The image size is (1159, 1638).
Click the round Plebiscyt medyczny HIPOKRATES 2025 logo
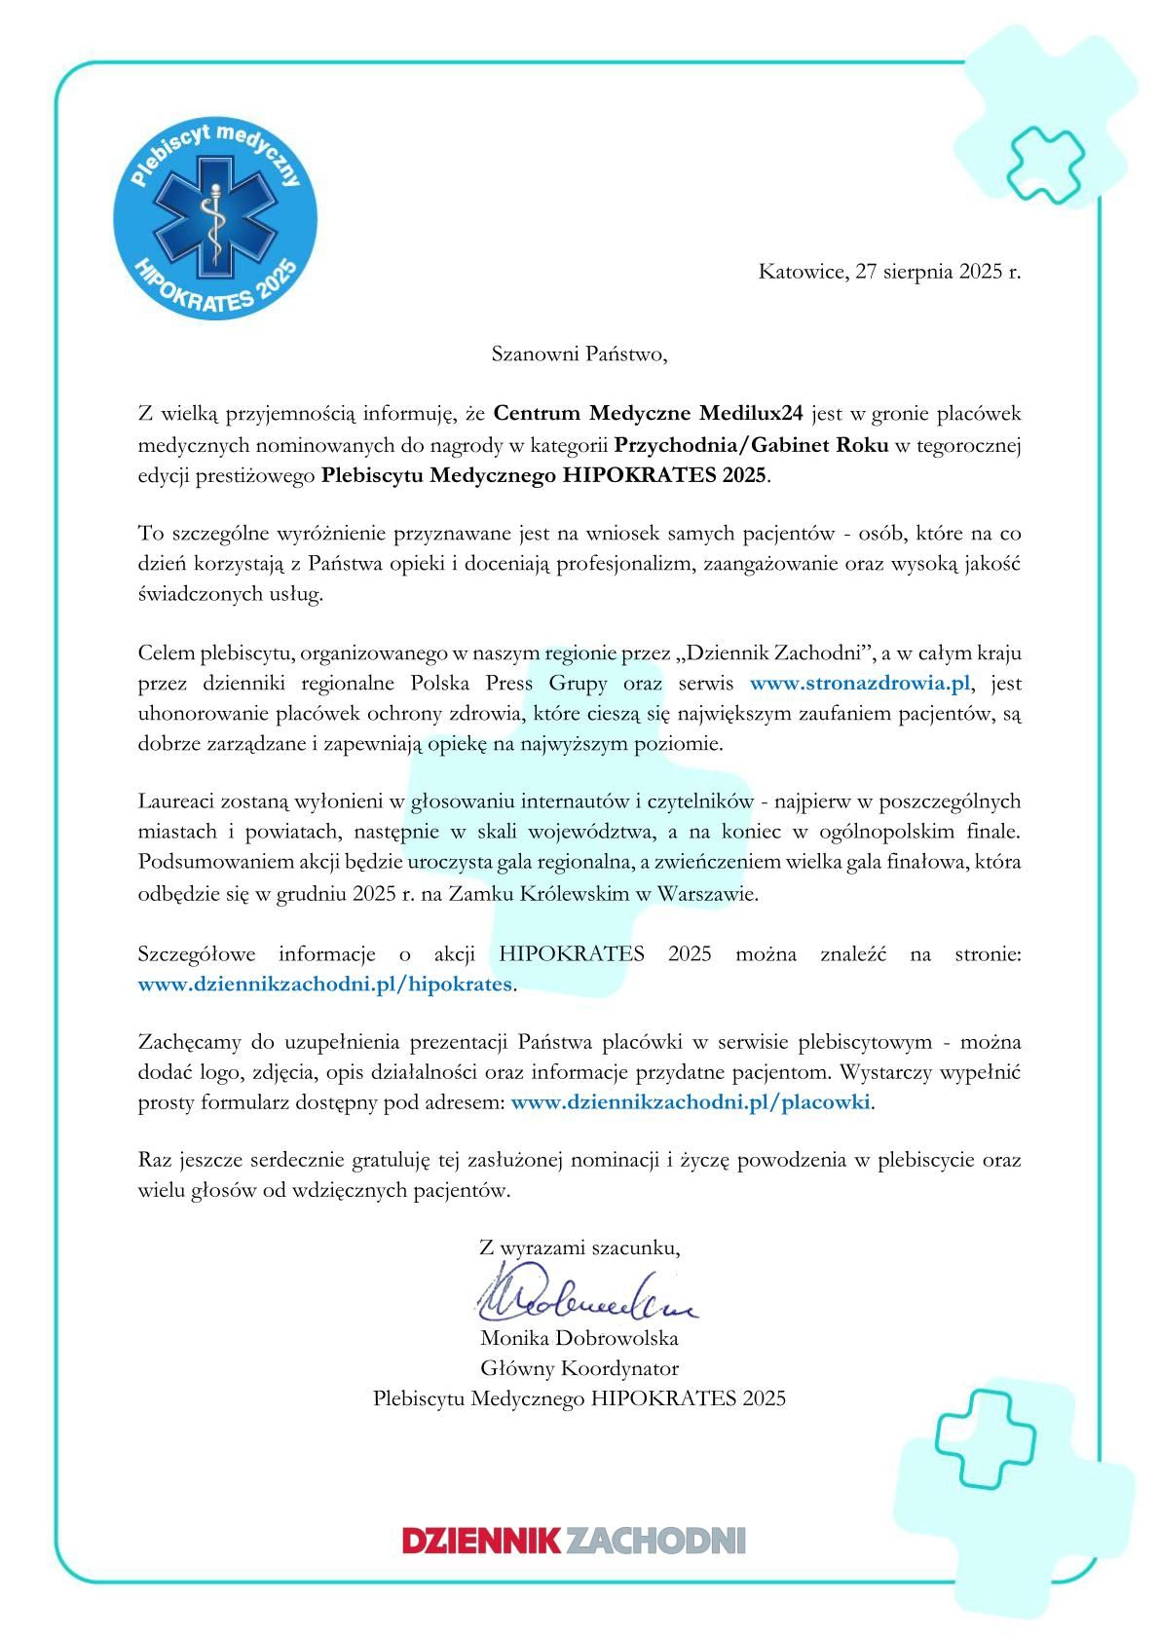click(x=214, y=217)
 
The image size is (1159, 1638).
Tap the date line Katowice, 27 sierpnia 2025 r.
click(x=889, y=272)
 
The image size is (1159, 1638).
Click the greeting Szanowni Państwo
click(x=579, y=354)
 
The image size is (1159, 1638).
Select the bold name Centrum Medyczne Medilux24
click(x=649, y=414)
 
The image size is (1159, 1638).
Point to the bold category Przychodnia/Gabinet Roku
click(x=752, y=446)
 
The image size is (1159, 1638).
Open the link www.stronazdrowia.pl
click(x=861, y=683)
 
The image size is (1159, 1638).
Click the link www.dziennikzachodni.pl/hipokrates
click(x=325, y=984)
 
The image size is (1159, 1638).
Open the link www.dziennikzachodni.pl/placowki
click(x=691, y=1102)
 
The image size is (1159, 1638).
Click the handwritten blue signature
click(x=584, y=1292)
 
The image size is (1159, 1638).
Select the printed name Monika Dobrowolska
click(x=579, y=1338)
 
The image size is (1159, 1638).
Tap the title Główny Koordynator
click(x=579, y=1368)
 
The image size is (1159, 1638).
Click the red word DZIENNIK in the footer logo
click(x=481, y=1541)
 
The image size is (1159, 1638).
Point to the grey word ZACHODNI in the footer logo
click(x=654, y=1541)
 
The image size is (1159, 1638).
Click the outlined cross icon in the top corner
click(x=1044, y=158)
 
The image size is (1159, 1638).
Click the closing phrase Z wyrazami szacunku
click(x=579, y=1247)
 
